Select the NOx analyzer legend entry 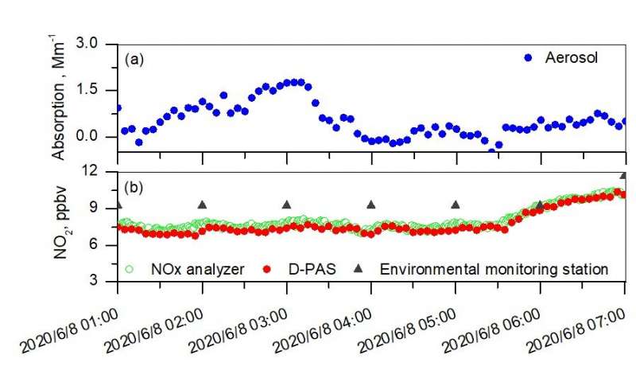click(x=182, y=269)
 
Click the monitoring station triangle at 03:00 click(x=287, y=205)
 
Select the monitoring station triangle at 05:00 click(x=456, y=205)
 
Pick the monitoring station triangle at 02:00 click(x=202, y=205)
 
